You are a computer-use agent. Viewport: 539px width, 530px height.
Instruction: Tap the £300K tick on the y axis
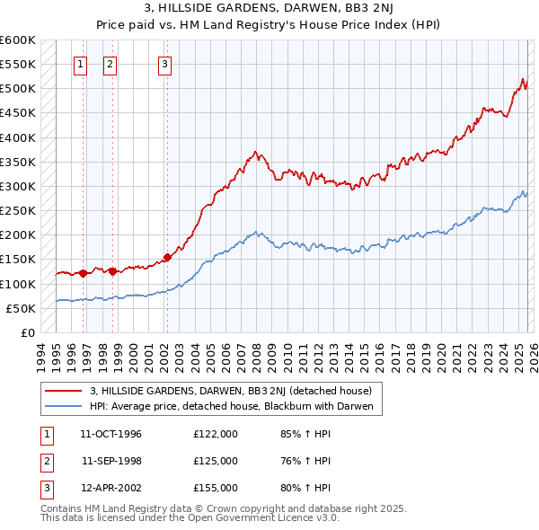coord(17,186)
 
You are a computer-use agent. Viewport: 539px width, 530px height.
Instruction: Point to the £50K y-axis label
coord(20,308)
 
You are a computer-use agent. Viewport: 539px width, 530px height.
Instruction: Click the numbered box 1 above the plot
coord(81,64)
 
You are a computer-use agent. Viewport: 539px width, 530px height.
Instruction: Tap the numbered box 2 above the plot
coord(110,64)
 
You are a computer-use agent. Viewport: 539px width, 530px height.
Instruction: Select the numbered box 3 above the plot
coord(166,64)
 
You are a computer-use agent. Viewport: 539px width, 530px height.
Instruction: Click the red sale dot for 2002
coord(167,257)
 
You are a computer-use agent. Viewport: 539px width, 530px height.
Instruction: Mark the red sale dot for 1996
coord(83,273)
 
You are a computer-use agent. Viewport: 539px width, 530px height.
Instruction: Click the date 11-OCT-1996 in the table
coord(111,434)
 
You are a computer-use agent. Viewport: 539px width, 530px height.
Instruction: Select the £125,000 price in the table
coord(216,461)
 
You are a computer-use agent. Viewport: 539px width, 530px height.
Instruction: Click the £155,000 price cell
coord(216,488)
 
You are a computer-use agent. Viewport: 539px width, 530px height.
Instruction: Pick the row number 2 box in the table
coord(45,461)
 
